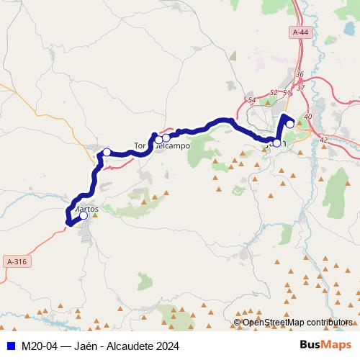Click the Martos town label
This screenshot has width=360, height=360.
(86, 209)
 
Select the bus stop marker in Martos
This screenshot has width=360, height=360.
(84, 215)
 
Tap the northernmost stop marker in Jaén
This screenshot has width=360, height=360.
(290, 124)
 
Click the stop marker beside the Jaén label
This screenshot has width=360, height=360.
(276, 143)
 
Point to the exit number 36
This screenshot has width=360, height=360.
(300, 75)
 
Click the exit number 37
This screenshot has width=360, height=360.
(300, 87)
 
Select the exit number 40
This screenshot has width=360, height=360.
(308, 117)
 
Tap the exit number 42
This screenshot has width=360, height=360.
(323, 140)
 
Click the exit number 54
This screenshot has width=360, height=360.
(251, 100)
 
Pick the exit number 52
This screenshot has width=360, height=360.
(273, 93)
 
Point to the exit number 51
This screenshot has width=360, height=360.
(287, 93)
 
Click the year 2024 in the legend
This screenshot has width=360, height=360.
(166, 346)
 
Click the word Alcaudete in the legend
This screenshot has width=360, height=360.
(126, 346)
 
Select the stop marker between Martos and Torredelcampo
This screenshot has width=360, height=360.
(107, 152)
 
